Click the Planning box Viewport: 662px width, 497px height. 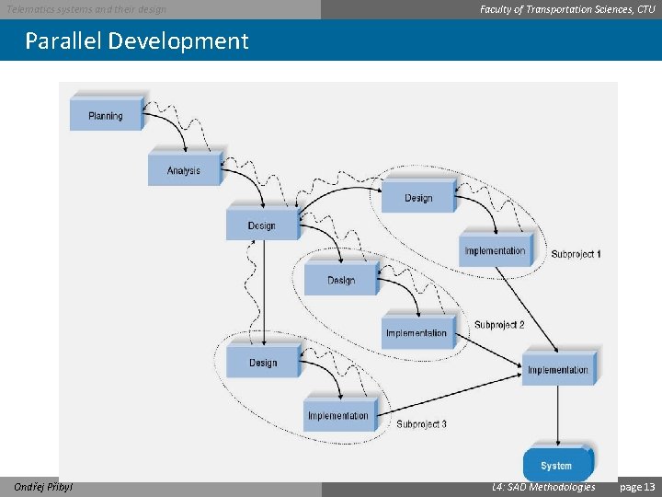coord(106,115)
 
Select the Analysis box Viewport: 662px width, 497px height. coord(184,170)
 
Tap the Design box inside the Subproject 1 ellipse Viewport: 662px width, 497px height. coord(418,197)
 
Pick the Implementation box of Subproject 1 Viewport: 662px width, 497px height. coord(495,250)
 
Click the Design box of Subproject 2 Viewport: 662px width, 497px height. coord(341,280)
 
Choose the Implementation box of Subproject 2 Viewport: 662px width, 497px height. coord(417,332)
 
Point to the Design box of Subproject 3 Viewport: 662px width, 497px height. coord(263,362)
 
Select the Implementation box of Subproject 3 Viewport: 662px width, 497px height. coord(338,415)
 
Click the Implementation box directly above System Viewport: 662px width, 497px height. coord(558,369)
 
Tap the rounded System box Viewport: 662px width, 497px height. coord(556,465)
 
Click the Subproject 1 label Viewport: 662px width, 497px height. coord(576,254)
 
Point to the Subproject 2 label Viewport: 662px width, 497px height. coord(499,325)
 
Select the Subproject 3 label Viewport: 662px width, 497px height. coord(422,424)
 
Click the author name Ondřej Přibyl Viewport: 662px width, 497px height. coord(43,487)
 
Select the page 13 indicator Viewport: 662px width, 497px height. coord(638,487)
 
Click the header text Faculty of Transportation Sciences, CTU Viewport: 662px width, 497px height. coord(567,9)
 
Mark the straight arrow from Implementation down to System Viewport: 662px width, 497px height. coord(557,414)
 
